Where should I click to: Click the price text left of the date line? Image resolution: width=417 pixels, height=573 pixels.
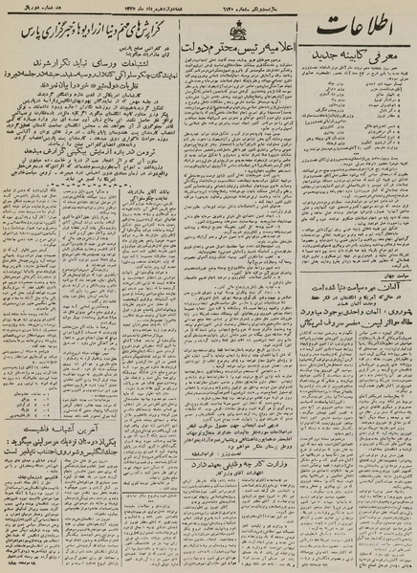[87, 7]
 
